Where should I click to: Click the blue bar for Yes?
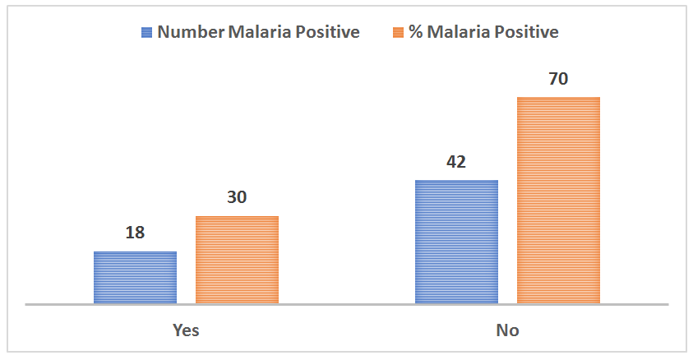[135, 277]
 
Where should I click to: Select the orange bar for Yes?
[237, 260]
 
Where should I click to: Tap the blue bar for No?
[456, 242]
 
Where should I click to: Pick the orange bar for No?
[558, 201]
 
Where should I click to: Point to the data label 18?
[135, 233]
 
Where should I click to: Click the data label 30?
[237, 197]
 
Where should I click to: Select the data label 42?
[456, 161]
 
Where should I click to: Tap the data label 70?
[558, 79]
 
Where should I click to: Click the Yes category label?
[186, 330]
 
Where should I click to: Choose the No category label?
[507, 330]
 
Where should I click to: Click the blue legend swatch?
[147, 33]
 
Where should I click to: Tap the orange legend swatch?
[398, 33]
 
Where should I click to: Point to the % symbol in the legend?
[416, 33]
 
